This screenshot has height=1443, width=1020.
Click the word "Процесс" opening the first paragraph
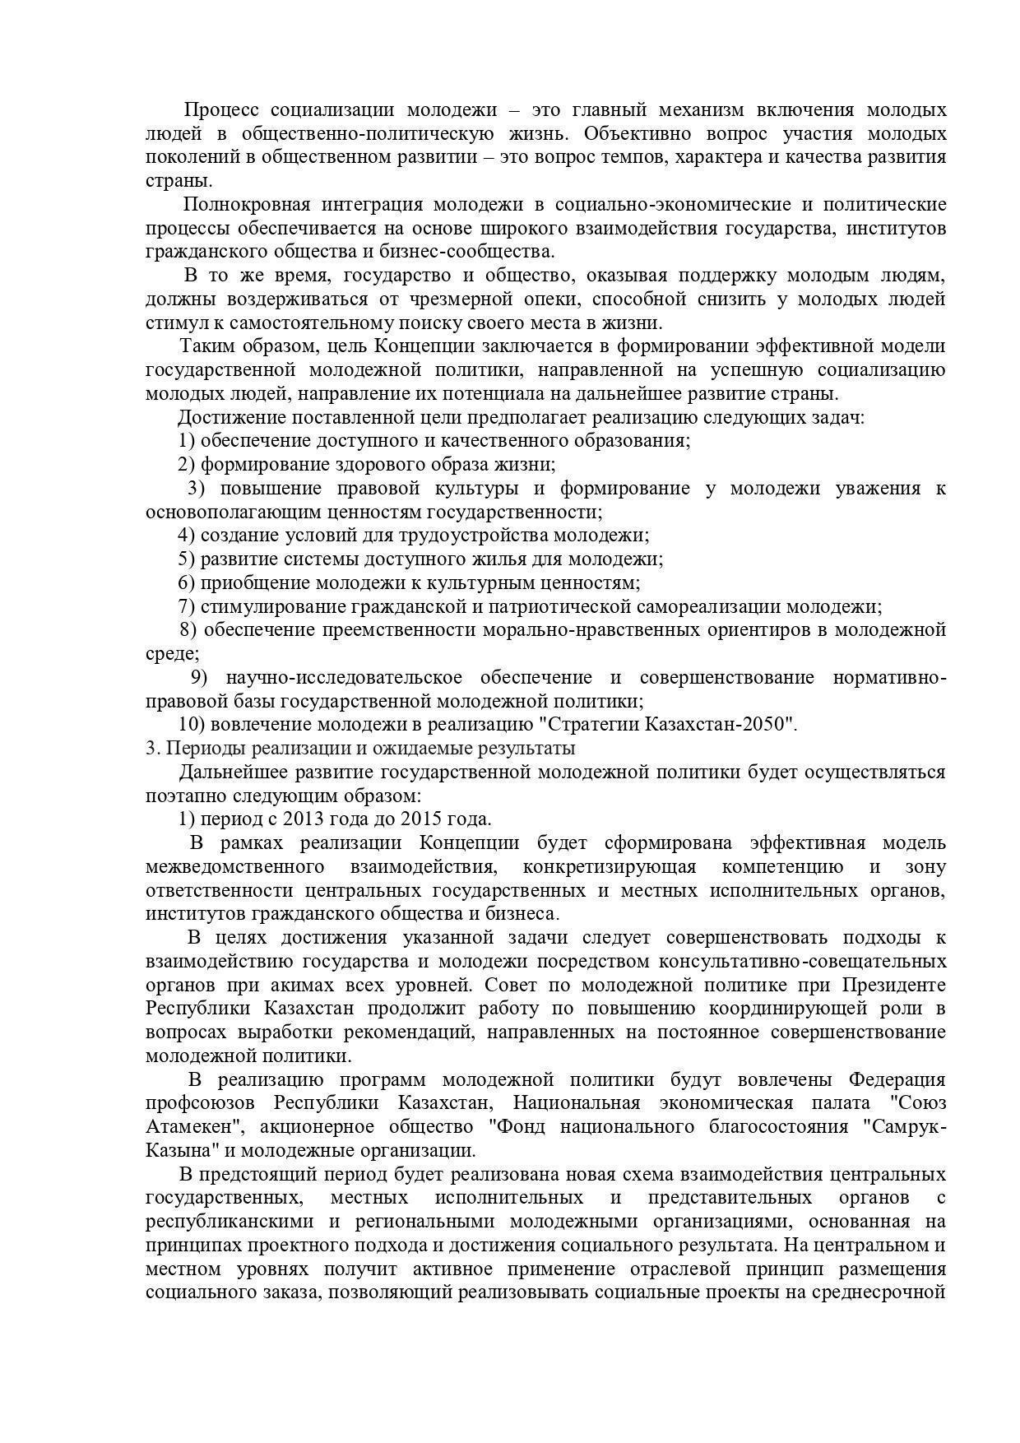[220, 109]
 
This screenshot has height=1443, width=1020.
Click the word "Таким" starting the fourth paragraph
[206, 346]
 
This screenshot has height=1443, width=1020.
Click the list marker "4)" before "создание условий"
[187, 535]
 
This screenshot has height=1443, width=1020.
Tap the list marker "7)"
[187, 606]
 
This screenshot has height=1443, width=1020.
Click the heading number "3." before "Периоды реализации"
[151, 748]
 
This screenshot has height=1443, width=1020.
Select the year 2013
[301, 819]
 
